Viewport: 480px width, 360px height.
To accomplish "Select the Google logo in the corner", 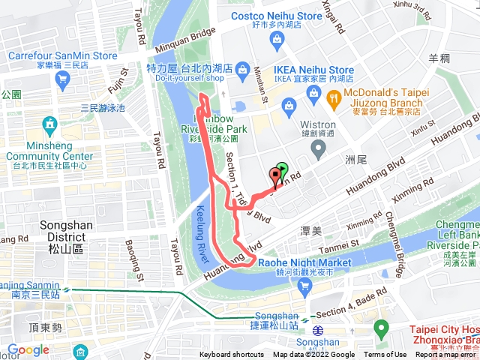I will pyautogui.click(x=28, y=349).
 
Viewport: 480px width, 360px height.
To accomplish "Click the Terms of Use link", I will pyautogui.click(x=385, y=355).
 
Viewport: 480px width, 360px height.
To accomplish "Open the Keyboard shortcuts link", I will pyautogui.click(x=232, y=355).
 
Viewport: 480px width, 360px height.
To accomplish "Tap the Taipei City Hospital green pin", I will pyautogui.click(x=382, y=328).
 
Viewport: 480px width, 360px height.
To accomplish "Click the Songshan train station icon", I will pyautogui.click(x=318, y=330).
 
